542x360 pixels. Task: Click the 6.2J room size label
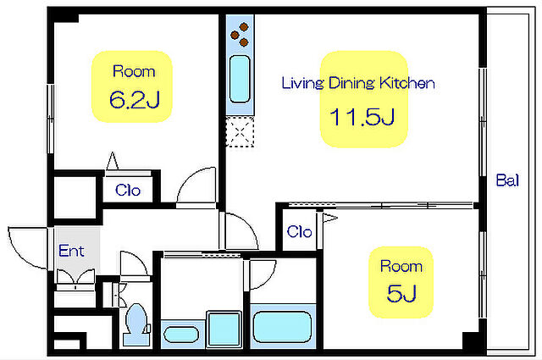coord(135,100)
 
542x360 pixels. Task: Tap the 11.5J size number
coord(362,117)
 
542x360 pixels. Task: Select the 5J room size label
coord(401,294)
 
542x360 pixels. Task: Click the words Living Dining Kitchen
coord(358,83)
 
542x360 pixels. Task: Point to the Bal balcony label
coord(507,180)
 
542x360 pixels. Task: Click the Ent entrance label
coord(71,251)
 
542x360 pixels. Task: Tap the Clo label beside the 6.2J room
coord(128,191)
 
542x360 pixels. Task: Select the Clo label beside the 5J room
coord(299,231)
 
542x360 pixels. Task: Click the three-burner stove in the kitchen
coord(240,35)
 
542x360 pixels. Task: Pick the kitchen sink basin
coord(240,79)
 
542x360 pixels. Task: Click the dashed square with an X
coord(240,132)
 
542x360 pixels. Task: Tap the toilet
coord(137,324)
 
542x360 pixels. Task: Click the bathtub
coord(283,326)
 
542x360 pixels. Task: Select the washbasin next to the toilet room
coord(181,335)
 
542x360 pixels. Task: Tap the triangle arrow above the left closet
coord(113,161)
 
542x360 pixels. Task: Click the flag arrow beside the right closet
coord(330,218)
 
